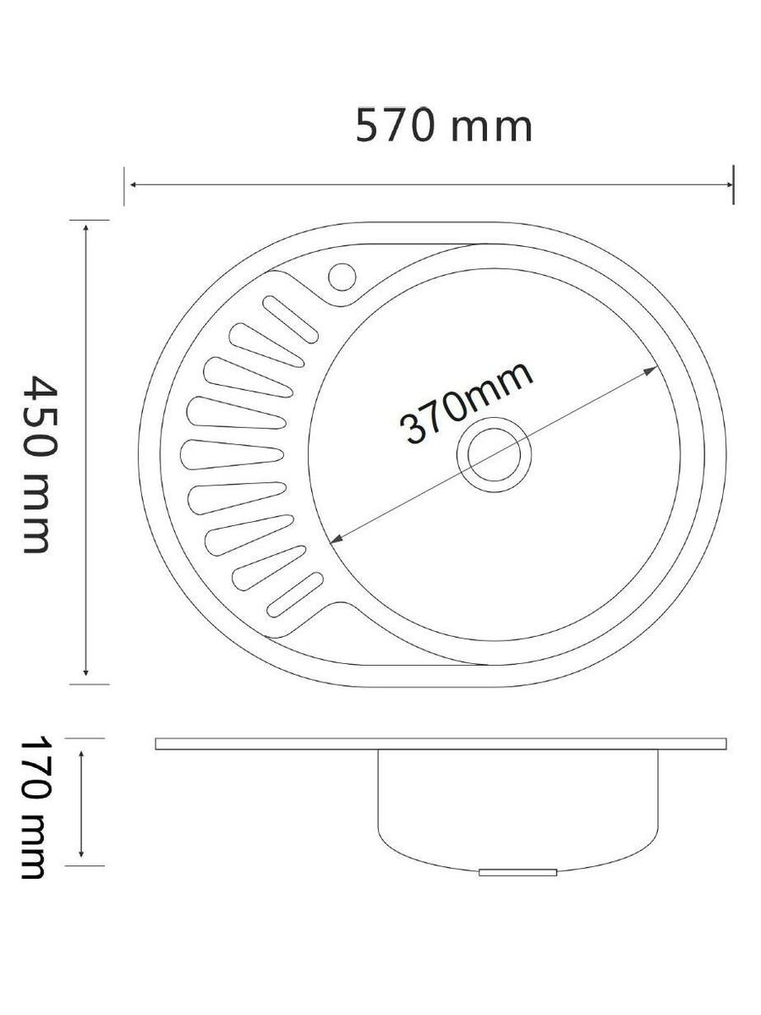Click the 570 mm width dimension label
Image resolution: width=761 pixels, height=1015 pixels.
point(444,125)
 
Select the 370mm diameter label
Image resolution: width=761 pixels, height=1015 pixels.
point(467,403)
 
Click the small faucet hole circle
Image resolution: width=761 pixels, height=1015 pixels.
point(342,277)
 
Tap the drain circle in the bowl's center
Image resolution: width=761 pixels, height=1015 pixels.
point(494,454)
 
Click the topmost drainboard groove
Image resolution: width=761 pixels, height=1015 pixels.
point(290,319)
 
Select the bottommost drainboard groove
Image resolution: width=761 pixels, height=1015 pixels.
point(295,595)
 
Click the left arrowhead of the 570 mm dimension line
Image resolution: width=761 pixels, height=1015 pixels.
point(134,185)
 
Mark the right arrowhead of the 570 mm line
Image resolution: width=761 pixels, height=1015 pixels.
point(729,185)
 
